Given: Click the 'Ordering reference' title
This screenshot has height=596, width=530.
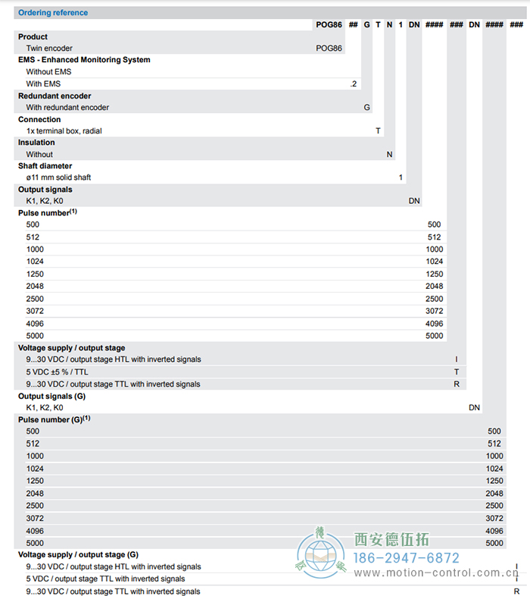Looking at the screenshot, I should coord(53,13).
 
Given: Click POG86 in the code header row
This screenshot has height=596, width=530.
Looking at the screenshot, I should coord(329,25).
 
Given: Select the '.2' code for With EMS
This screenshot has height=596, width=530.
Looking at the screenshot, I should coord(354,84).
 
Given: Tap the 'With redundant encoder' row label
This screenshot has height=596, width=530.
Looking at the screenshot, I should coord(67,108).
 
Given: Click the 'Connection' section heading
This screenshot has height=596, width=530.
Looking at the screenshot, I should coord(39,120).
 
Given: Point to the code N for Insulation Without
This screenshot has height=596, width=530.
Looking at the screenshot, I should coord(389,155).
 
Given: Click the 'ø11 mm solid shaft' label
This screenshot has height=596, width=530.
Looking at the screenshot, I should coord(58,177).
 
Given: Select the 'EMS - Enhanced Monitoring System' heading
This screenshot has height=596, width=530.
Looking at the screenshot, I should coord(84,60).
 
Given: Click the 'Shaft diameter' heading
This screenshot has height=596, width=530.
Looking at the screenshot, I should coord(45,166).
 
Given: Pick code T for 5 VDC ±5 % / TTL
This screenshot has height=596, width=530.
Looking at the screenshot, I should coord(457,372).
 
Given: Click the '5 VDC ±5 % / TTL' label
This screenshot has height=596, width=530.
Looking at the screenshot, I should coord(58,372).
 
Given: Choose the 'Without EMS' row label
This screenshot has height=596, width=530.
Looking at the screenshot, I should coord(48,72).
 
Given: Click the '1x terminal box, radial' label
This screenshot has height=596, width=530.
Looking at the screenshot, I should coord(64,131).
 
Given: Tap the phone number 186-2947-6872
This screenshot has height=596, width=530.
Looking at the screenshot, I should coord(407,557).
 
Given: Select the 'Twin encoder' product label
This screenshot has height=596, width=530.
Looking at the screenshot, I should coord(49,49).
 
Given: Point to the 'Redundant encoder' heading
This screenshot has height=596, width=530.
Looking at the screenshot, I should coord(55,96).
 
